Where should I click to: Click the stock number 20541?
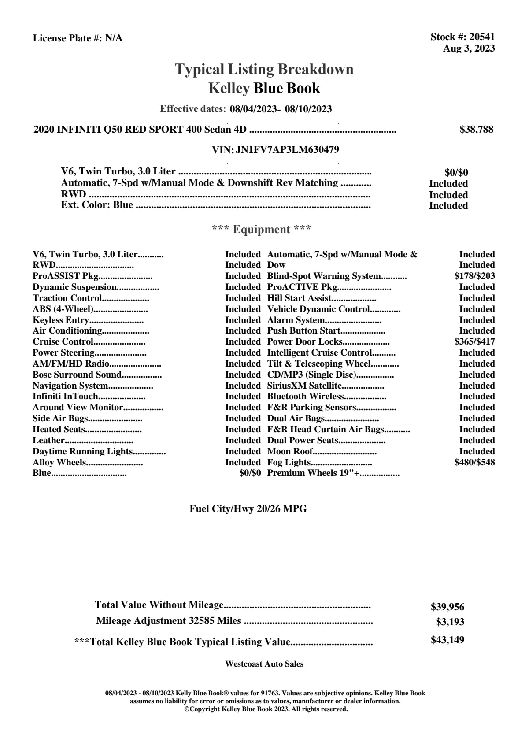[482, 37]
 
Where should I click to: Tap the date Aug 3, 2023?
[469, 48]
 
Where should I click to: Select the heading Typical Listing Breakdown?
[264, 69]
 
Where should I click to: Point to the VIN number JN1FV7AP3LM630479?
[287, 149]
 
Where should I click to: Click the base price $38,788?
[477, 130]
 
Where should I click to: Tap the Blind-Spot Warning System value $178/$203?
[474, 276]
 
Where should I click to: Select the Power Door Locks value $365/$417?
[474, 342]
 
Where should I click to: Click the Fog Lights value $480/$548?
[474, 462]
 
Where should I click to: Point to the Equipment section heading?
[262, 230]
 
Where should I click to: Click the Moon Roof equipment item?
[290, 451]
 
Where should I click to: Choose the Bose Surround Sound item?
[77, 375]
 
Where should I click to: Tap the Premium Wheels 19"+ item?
[314, 473]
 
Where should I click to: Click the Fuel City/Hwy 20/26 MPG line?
[248, 509]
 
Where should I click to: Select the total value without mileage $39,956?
[448, 607]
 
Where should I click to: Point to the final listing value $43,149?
[448, 640]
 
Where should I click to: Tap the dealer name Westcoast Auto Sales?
[264, 664]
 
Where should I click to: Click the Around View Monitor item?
[78, 407]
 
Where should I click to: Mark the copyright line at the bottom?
[266, 709]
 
